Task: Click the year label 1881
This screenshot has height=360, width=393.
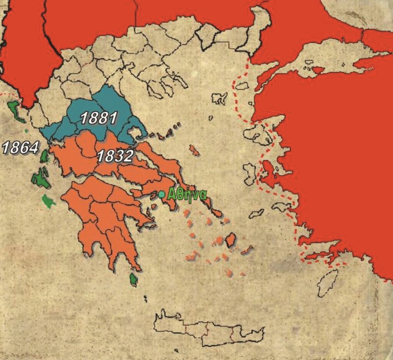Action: (x=98, y=118)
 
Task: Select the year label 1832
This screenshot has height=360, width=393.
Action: (x=115, y=156)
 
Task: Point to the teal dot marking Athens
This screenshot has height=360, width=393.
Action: (x=161, y=194)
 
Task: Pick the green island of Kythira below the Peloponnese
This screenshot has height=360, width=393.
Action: (x=133, y=280)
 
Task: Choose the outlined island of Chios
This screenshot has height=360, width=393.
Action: (x=250, y=172)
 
